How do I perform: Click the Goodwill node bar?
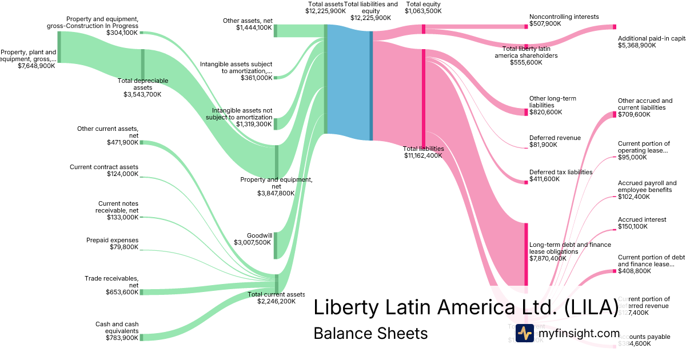(x=276, y=245)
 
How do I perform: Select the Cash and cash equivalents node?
(x=141, y=337)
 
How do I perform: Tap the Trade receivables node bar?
(x=141, y=292)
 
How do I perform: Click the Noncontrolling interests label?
(x=564, y=17)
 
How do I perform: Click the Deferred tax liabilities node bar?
(x=527, y=182)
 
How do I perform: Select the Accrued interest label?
(x=641, y=219)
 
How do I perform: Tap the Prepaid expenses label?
(x=112, y=240)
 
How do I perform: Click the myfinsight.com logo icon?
(x=524, y=333)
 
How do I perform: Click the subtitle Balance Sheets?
(x=370, y=333)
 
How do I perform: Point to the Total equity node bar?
(x=424, y=29)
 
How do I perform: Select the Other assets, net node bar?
(x=276, y=31)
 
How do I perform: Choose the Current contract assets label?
(x=104, y=167)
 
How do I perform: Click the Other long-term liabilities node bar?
(x=527, y=111)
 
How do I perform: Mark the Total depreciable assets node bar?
(x=143, y=64)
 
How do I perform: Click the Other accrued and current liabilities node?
(x=615, y=114)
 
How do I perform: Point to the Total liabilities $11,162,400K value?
(x=424, y=155)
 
